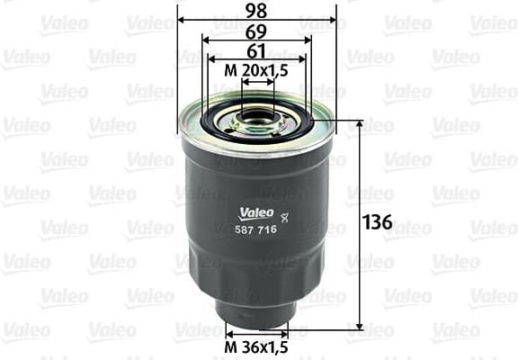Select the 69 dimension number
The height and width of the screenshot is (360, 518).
pyautogui.click(x=257, y=31)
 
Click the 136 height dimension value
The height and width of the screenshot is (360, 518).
pyautogui.click(x=379, y=222)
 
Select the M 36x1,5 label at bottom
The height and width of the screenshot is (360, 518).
pyautogui.click(x=256, y=349)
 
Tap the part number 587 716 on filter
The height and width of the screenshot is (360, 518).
pyautogui.click(x=256, y=230)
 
